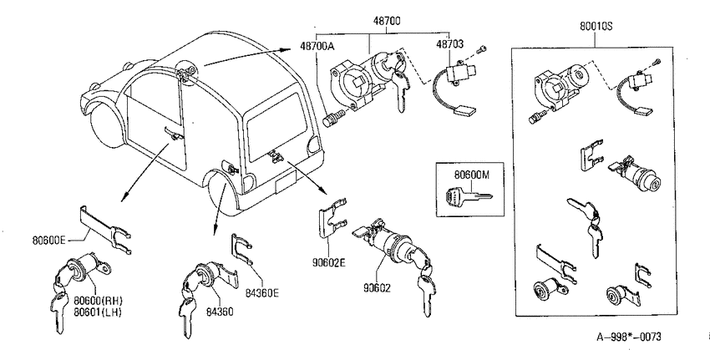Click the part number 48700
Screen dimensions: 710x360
tap(386, 20)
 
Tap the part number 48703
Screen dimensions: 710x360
tap(449, 44)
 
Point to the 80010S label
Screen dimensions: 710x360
tap(596, 26)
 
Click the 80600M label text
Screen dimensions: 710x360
tap(472, 174)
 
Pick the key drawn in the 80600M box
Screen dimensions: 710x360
tap(469, 197)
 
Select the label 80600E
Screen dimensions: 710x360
tap(49, 240)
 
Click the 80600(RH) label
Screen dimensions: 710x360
tap(99, 301)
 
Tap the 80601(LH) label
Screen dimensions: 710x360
tap(98, 312)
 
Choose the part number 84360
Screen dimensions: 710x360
tap(220, 312)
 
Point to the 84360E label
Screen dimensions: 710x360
tap(262, 293)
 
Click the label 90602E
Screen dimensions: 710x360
tap(328, 261)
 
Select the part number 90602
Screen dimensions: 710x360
tap(376, 287)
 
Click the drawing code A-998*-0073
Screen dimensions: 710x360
tap(628, 337)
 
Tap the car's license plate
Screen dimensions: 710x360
tap(284, 184)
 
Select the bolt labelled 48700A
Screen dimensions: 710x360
tap(332, 119)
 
